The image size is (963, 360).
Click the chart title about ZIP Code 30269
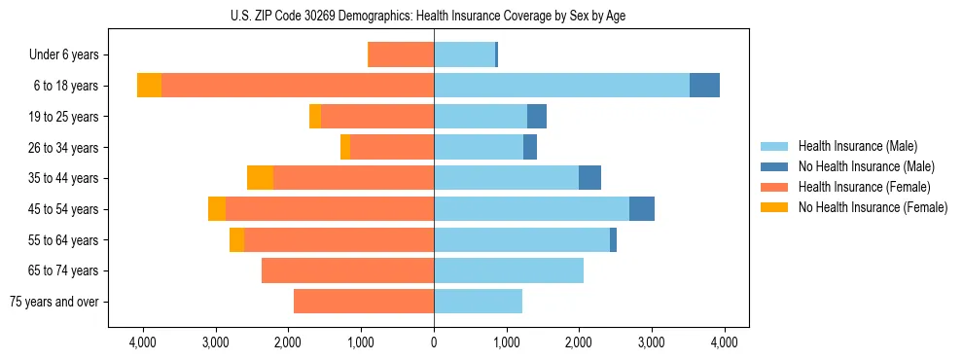point(434,16)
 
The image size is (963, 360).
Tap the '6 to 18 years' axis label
point(65,86)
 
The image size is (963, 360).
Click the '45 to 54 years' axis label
point(63,209)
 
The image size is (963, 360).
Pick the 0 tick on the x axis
point(434,342)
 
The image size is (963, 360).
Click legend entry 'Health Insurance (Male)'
point(856,146)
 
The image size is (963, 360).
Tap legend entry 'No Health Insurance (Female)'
point(873,207)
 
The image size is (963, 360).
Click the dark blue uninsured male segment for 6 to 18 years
point(704,86)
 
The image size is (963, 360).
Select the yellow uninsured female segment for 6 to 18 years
point(149,86)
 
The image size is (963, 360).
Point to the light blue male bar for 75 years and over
point(478,302)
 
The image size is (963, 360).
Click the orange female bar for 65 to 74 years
point(347,270)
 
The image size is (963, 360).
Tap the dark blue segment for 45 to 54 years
point(642,209)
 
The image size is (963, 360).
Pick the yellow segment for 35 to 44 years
point(260,178)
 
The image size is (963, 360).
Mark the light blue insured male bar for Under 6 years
point(464,55)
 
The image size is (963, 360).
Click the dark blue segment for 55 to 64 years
point(613,239)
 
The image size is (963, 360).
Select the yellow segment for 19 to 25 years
point(315,117)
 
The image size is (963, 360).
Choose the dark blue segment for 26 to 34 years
point(530,147)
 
